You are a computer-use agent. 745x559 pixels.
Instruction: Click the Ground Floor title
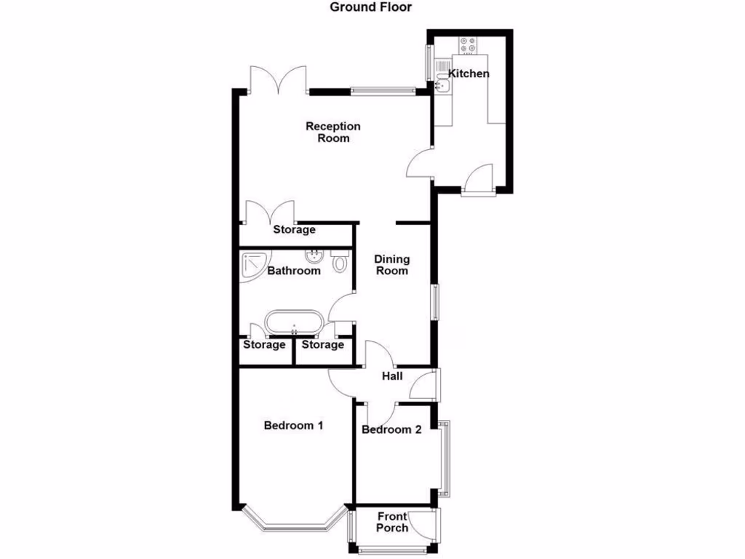371,8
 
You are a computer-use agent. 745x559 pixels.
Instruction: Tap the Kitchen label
468,74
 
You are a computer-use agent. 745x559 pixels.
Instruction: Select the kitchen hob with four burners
466,46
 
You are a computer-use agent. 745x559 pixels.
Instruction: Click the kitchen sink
443,87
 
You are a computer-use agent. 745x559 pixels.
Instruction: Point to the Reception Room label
332,132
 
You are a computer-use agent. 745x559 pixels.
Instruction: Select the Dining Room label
391,265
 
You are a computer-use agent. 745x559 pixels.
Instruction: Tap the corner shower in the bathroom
253,263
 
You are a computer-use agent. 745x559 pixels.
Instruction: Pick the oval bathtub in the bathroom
293,322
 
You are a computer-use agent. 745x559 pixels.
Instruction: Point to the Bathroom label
293,271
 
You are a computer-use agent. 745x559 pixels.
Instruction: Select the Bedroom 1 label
293,426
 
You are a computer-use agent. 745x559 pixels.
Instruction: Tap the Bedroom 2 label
391,429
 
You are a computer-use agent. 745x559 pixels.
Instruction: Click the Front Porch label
392,522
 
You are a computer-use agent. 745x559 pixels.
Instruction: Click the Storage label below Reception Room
294,230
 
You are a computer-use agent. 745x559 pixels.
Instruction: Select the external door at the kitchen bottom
479,180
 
